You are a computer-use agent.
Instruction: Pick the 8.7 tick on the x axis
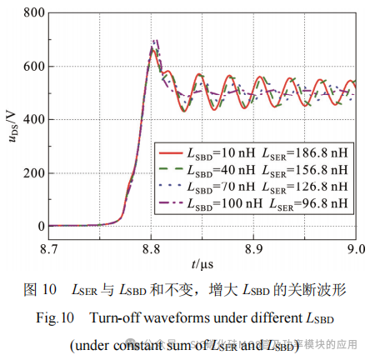49,248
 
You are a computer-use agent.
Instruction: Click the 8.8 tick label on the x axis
151,248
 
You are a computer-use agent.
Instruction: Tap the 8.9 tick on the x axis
253,248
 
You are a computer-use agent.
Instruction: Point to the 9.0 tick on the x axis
356,248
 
